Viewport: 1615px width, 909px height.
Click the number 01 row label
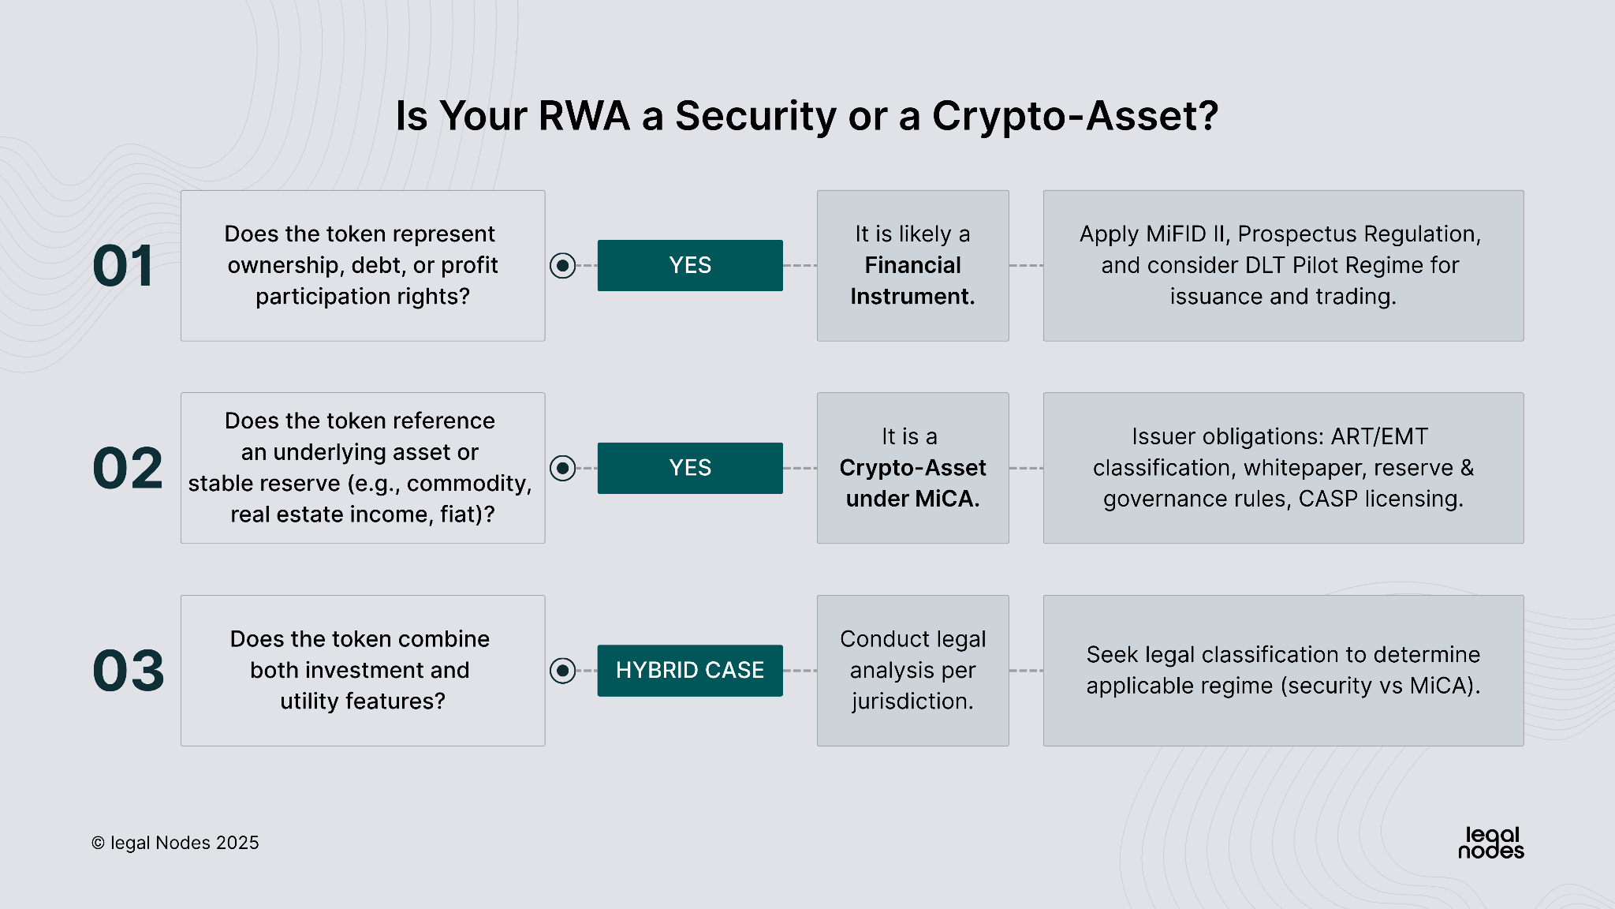click(x=123, y=266)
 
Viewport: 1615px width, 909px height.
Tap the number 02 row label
click(x=128, y=468)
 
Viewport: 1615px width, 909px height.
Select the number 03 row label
click(x=129, y=671)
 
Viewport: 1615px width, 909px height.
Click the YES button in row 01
click(x=690, y=266)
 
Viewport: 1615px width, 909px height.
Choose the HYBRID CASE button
click(x=690, y=671)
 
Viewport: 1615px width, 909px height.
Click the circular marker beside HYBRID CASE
click(x=562, y=671)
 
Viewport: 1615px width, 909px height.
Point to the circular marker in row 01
click(x=562, y=266)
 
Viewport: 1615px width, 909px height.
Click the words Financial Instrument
click(x=912, y=281)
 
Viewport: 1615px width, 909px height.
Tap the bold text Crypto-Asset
click(x=912, y=468)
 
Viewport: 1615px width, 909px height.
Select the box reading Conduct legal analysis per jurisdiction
click(x=912, y=671)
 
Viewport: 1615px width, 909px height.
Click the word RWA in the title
click(x=584, y=116)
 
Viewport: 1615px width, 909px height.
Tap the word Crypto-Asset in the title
click(x=1075, y=116)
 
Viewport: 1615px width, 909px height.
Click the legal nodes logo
click(x=1490, y=843)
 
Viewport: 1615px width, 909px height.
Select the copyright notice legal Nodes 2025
click(x=175, y=843)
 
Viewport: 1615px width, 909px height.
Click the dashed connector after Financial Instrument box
click(x=1026, y=266)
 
